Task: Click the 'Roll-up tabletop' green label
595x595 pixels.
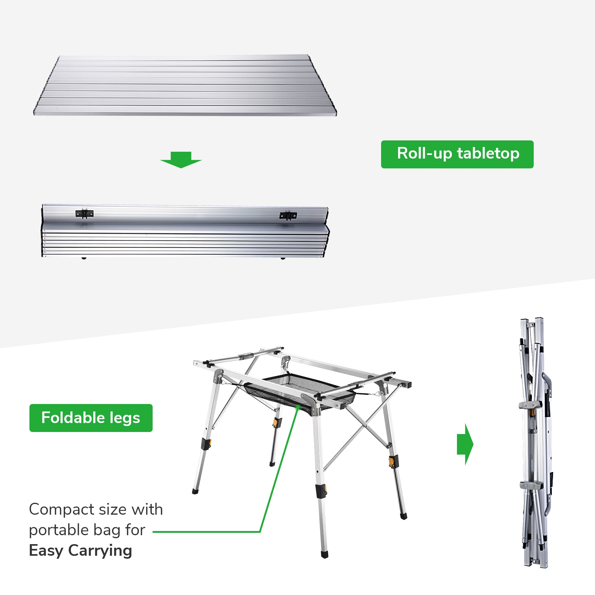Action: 457,154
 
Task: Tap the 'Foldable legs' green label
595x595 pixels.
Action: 91,418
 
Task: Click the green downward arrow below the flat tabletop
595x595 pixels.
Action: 181,159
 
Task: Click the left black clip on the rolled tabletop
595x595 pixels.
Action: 84,214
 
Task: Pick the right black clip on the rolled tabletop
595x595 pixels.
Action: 288,216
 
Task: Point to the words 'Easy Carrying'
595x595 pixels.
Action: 80,551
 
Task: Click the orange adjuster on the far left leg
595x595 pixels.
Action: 207,444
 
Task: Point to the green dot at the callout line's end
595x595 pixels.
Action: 297,408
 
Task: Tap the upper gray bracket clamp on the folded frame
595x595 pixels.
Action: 530,405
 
